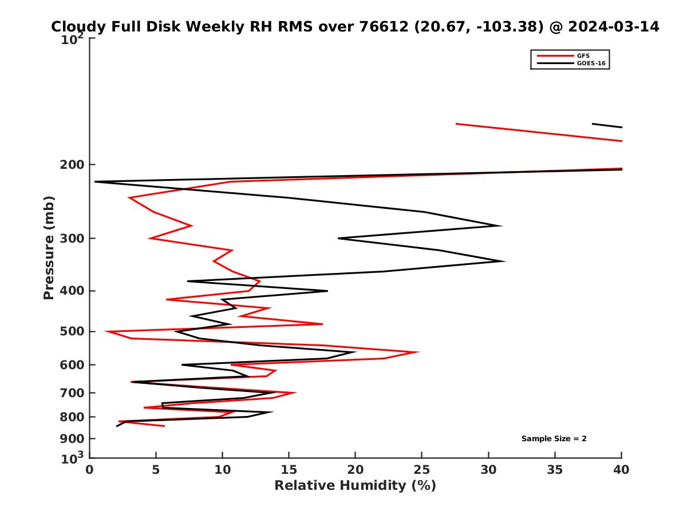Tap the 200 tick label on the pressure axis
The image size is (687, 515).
(x=71, y=165)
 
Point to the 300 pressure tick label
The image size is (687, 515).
(x=71, y=239)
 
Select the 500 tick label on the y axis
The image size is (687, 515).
(x=71, y=332)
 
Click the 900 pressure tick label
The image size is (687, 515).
(x=71, y=439)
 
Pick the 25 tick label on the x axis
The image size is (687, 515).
(x=422, y=470)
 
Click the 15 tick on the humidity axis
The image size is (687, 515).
(x=289, y=470)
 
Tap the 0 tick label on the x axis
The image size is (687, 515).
(x=90, y=470)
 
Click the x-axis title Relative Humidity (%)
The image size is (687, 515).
(x=355, y=486)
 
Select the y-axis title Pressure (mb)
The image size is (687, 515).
(x=49, y=247)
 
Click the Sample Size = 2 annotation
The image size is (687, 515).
(x=554, y=439)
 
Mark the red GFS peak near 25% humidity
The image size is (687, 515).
(x=418, y=352)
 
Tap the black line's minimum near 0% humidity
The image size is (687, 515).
(x=95, y=181)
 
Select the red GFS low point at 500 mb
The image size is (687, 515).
(x=106, y=331)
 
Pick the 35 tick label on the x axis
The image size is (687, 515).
(x=555, y=470)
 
